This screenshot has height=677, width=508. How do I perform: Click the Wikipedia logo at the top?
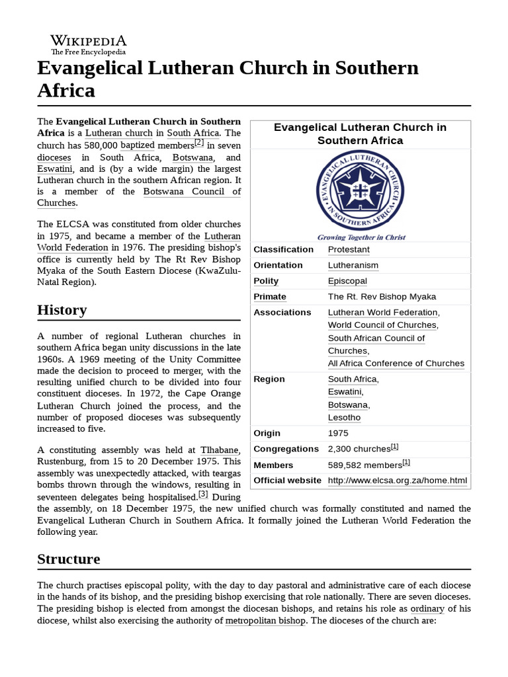[89, 44]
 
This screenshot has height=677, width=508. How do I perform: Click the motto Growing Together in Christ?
[361, 237]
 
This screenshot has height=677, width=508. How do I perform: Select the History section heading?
[62, 310]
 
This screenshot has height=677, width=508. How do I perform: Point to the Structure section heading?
[69, 559]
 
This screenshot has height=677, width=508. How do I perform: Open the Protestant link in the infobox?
[349, 249]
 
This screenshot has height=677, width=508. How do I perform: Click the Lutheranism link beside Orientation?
[353, 265]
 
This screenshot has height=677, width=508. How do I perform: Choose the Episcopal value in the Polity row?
[347, 281]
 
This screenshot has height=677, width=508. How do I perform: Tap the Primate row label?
[270, 297]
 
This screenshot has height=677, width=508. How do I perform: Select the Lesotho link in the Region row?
[345, 417]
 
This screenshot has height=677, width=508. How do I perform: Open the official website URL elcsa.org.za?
[397, 481]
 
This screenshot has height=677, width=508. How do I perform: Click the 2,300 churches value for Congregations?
[359, 449]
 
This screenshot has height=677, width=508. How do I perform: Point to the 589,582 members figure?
[365, 465]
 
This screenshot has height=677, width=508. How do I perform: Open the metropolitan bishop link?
[265, 621]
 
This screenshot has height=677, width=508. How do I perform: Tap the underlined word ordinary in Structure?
[427, 608]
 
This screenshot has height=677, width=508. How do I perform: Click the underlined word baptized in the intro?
[138, 145]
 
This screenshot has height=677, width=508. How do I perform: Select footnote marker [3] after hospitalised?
[203, 494]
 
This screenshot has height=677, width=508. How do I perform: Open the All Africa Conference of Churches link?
[396, 363]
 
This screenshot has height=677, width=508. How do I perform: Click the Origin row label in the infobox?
[267, 433]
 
